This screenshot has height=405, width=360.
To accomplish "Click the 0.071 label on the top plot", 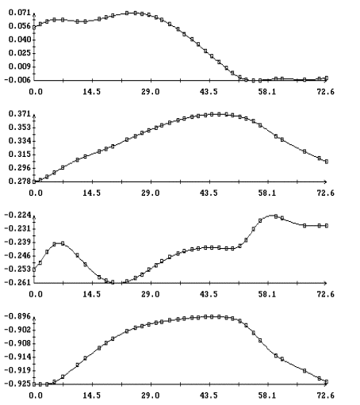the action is tap(20, 13).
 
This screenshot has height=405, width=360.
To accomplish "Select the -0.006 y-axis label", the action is tap(17, 80).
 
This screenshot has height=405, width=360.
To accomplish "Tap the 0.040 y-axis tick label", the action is tap(20, 40).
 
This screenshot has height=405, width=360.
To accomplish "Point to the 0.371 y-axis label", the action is tap(20, 114).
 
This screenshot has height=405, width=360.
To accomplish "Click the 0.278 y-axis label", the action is tap(20, 181).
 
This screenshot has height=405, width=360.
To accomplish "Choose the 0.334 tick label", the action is tap(20, 141).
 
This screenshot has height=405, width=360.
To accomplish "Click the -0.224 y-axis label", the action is tap(17, 215).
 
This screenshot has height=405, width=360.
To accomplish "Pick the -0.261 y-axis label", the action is tap(17, 283).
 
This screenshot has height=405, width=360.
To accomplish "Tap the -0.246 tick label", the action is tap(17, 256).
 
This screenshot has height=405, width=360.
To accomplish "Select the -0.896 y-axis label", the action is tap(17, 316).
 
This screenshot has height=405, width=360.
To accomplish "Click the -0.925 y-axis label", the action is tap(17, 384).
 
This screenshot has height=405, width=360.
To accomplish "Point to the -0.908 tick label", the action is tap(17, 343).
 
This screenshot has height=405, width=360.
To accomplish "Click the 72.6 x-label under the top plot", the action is tap(325, 92).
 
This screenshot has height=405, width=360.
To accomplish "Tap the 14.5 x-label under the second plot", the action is tap(92, 193).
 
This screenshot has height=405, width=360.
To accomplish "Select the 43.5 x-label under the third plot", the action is tap(209, 294).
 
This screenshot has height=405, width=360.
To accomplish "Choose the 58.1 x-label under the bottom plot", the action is tap(267, 395).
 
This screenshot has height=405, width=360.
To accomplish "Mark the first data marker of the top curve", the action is tap(34, 27).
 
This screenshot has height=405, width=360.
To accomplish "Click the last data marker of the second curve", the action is tap(327, 162).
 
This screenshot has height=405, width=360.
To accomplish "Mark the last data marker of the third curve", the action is tap(327, 226).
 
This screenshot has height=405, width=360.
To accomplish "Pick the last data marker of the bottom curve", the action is tap(327, 382).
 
